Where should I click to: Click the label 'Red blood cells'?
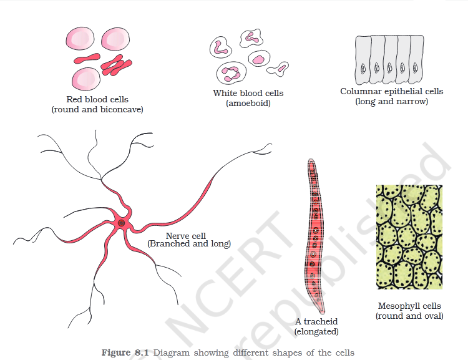point(97,99)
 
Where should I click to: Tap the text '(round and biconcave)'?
point(97,109)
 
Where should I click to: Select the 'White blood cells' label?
point(248,94)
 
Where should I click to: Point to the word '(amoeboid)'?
point(248,103)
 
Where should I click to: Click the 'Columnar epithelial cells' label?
point(391,91)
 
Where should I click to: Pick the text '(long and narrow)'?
point(391,101)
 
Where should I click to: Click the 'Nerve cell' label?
point(185,235)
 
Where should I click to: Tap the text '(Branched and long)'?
point(188,244)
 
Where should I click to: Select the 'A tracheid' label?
point(316,322)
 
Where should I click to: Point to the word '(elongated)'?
point(316,331)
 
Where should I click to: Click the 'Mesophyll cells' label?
point(409,306)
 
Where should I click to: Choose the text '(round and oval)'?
point(409,316)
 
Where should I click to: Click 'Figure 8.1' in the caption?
point(125,353)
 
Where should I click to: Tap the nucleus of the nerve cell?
point(122,223)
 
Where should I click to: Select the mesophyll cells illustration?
point(409,236)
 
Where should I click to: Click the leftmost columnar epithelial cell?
point(363,59)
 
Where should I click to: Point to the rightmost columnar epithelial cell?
point(418,59)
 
